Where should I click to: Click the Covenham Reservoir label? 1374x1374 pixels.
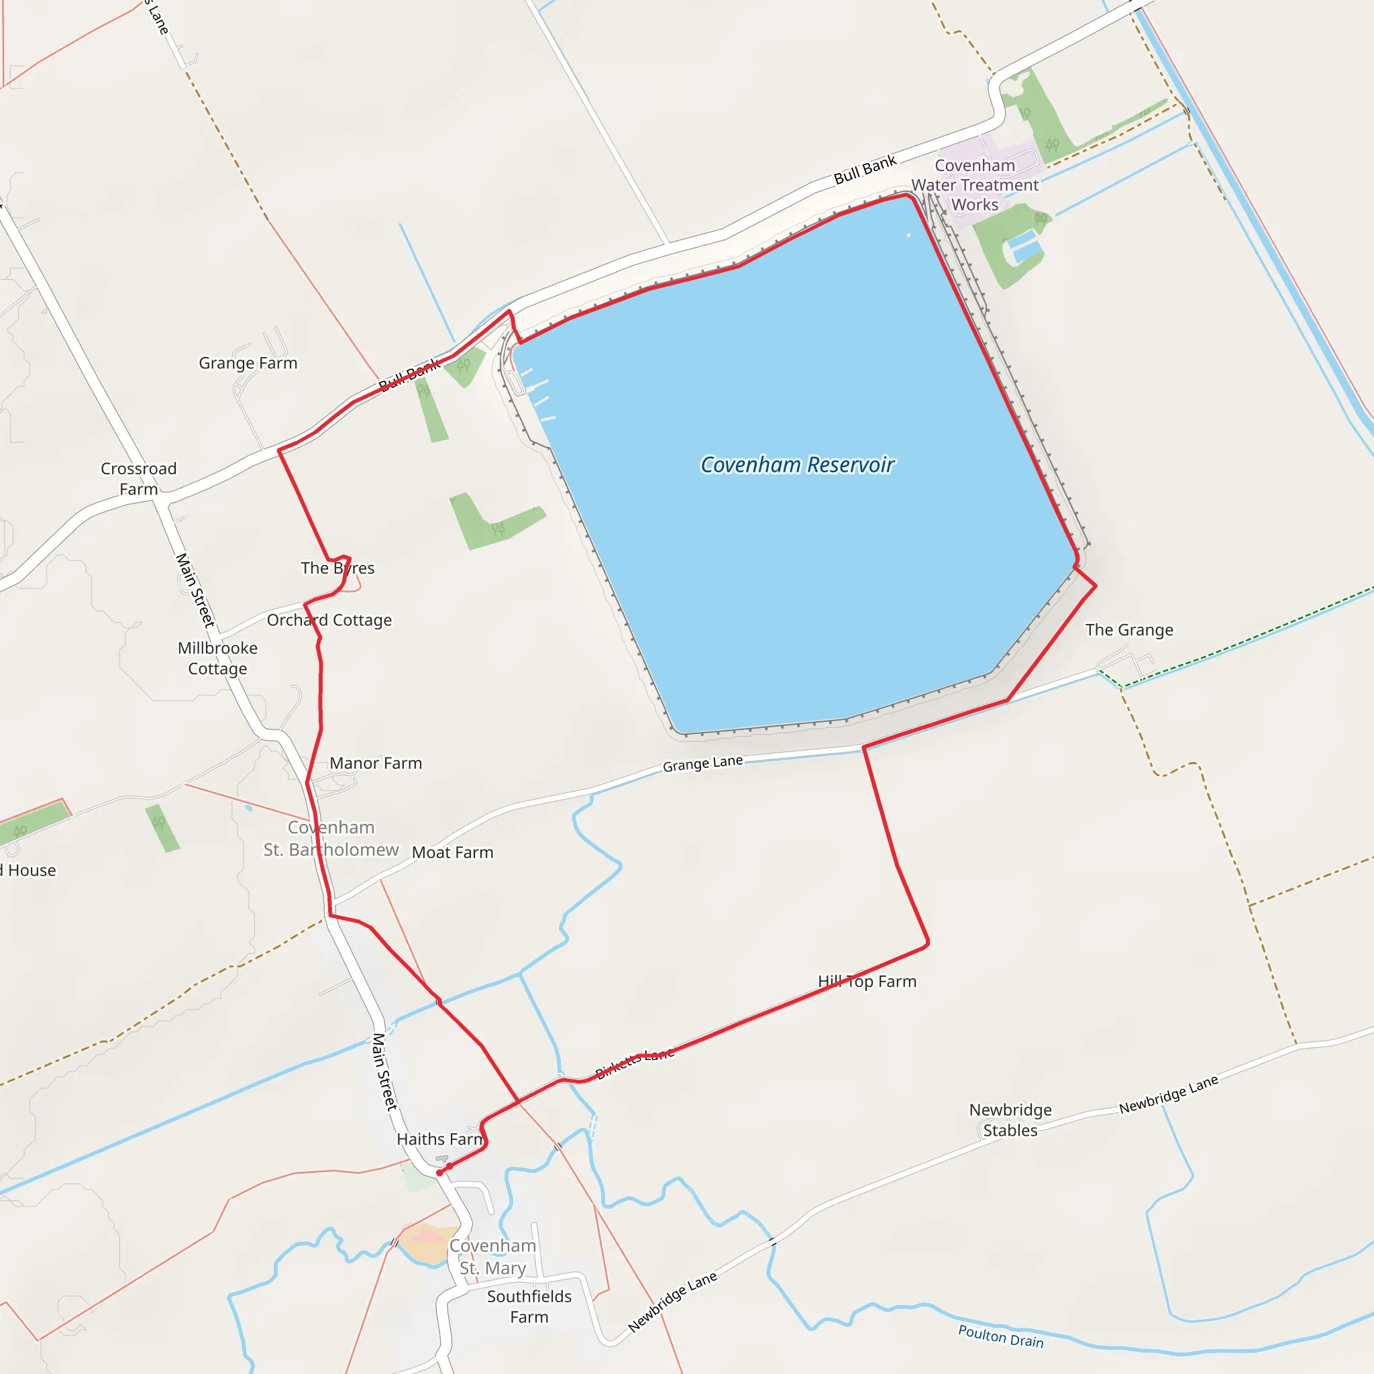coord(797,464)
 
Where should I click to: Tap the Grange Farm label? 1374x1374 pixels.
coord(248,363)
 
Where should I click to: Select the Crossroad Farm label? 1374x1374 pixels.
coord(139,478)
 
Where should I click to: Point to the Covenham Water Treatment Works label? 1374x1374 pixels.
coord(974,185)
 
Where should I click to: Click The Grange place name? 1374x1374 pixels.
coord(1128,629)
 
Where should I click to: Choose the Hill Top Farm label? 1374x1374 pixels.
coord(867,982)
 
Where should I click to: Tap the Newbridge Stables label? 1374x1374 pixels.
coord(1010,1120)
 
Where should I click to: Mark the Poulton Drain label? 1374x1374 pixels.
coord(1000,1336)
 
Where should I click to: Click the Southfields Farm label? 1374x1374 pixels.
coord(529,1306)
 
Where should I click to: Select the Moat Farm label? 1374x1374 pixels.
coord(452,852)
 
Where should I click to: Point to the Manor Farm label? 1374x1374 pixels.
coord(376,763)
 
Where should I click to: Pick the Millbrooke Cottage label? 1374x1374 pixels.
coord(217,658)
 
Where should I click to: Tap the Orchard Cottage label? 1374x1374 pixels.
coord(329,620)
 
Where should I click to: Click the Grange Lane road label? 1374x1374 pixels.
coord(702,763)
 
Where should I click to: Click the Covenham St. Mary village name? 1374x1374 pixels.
coord(492,1257)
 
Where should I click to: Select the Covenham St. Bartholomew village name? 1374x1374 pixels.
coord(331,839)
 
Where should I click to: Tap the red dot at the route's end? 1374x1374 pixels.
coord(440,1173)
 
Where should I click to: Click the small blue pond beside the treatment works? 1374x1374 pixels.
coord(1024,247)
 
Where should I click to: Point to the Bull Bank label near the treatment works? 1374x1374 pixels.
coord(865,169)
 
